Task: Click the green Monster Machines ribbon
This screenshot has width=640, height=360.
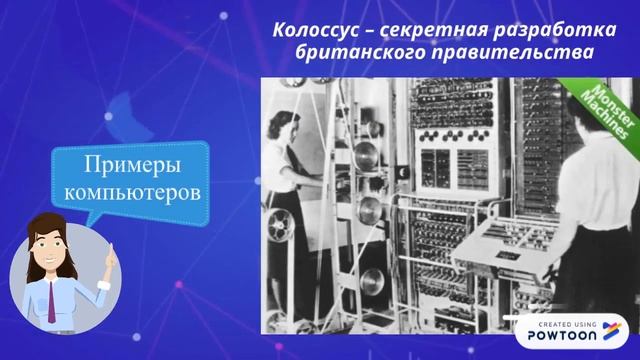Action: pyautogui.click(x=603, y=109)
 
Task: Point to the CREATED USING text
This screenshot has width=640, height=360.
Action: pyautogui.click(x=568, y=325)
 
